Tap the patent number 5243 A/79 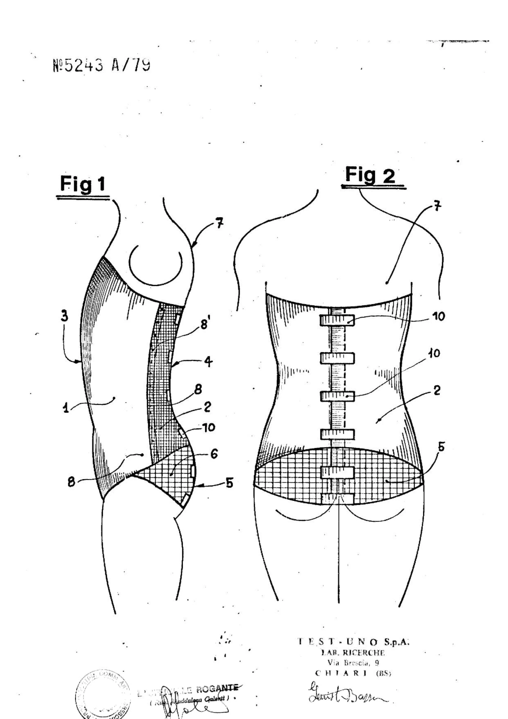pyautogui.click(x=101, y=66)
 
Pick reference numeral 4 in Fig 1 pyautogui.click(x=208, y=362)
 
